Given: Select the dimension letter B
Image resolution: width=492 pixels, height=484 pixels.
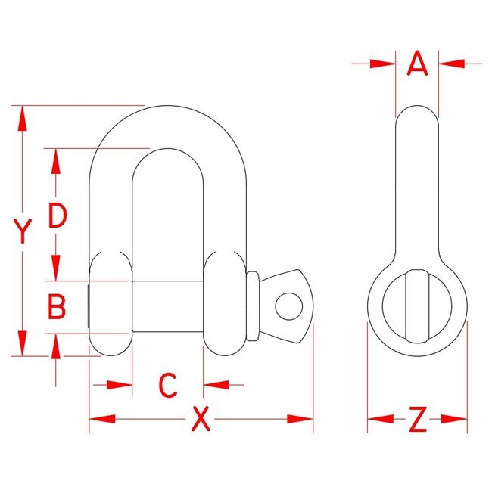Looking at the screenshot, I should [x=58, y=307].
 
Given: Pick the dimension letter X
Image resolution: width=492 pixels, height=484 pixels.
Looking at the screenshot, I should [x=200, y=419].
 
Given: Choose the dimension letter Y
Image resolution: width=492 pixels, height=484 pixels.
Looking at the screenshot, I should [x=23, y=231].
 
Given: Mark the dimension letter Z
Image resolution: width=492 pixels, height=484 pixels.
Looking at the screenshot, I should [x=418, y=419].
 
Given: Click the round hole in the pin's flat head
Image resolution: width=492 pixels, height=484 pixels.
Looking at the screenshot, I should [x=288, y=306].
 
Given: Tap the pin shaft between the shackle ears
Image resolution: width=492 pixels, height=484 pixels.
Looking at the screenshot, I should [x=167, y=306].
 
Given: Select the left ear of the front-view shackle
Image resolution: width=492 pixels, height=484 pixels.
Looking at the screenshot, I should [x=111, y=302].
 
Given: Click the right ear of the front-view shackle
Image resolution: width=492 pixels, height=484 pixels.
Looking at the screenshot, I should [x=225, y=302].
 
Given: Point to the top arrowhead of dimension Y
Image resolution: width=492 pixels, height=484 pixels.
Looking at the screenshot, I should [x=23, y=118].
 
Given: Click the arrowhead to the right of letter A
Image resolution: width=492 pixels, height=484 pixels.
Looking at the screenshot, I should [x=452, y=64].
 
